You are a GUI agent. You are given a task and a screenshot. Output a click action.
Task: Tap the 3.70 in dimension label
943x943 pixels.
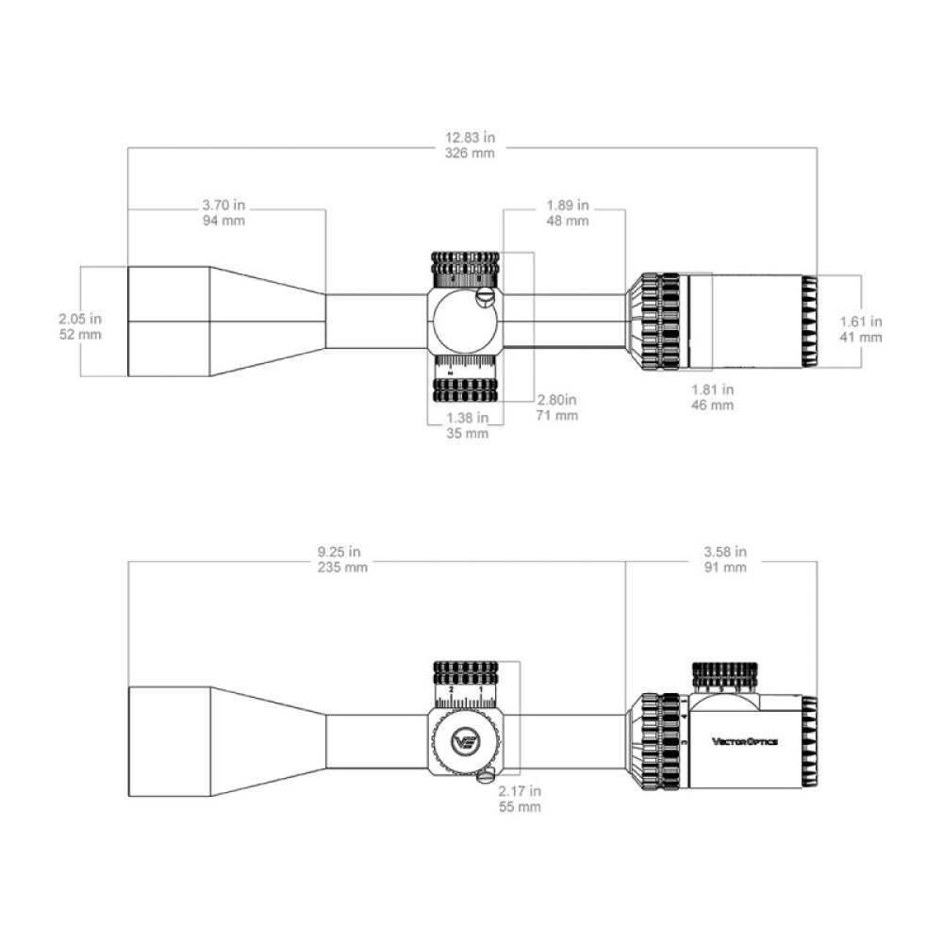(223, 205)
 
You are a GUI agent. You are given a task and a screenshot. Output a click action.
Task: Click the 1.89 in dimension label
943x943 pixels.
(568, 205)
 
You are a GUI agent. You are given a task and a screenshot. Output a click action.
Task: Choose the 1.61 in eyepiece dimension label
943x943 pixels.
(861, 322)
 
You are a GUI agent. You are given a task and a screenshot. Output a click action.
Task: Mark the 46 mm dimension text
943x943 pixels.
(714, 405)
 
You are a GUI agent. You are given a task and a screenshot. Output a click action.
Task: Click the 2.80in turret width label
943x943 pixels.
(556, 400)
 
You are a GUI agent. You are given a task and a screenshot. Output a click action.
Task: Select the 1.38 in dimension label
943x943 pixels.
(467, 418)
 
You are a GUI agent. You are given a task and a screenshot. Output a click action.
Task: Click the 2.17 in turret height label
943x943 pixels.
(521, 791)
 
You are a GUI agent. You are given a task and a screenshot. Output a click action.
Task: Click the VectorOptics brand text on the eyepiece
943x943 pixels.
(745, 742)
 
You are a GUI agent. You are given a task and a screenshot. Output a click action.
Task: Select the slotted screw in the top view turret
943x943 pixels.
(487, 298)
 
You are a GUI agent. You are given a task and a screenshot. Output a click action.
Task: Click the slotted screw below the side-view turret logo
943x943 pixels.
(487, 776)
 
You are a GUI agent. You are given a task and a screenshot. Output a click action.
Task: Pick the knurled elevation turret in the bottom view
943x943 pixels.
(466, 673)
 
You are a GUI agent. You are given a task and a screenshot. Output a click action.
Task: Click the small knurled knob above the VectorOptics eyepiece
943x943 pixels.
(724, 675)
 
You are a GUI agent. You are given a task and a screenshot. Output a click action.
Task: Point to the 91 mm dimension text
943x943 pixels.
(726, 567)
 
